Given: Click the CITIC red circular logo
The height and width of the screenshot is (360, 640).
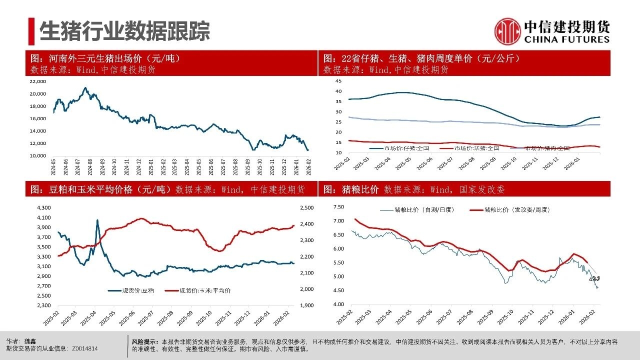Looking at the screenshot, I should pyautogui.click(x=507, y=31).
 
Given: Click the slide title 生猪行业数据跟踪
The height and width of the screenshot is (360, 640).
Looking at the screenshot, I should pyautogui.click(x=124, y=31).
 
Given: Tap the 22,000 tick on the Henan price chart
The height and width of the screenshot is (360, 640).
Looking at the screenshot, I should pyautogui.click(x=38, y=81).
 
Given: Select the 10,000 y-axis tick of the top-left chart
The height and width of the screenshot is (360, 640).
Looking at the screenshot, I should pyautogui.click(x=38, y=156).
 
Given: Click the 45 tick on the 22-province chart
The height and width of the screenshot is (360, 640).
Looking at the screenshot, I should pyautogui.click(x=338, y=81).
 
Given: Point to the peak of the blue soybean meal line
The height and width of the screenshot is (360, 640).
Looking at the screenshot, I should pyautogui.click(x=97, y=220).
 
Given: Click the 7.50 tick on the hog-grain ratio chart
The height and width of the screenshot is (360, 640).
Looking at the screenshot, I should pyautogui.click(x=338, y=206).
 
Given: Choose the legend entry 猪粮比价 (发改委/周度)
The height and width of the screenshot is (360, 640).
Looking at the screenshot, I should pyautogui.click(x=517, y=210).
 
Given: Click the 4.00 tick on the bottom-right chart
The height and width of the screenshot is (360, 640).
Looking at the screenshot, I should pyautogui.click(x=338, y=304).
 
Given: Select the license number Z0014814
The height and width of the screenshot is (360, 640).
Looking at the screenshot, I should pyautogui.click(x=84, y=348).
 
